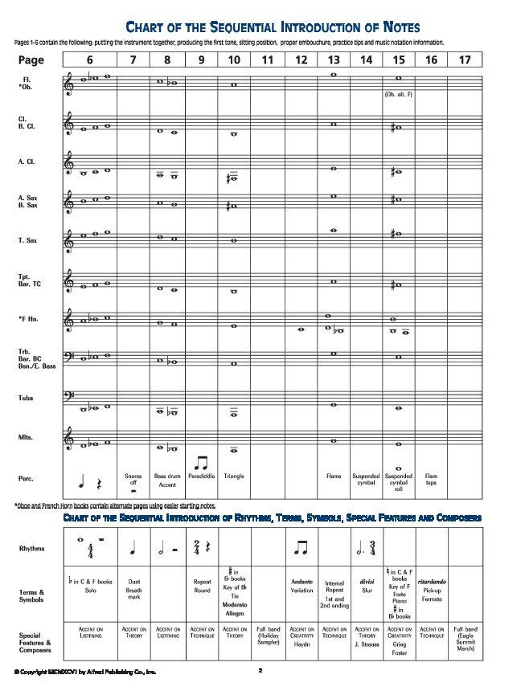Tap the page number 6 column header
click(x=89, y=59)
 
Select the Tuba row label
click(x=25, y=399)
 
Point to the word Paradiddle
click(x=201, y=476)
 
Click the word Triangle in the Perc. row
click(x=234, y=476)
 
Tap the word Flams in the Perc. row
click(x=333, y=476)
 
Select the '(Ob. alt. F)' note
click(x=397, y=94)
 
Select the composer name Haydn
click(x=302, y=644)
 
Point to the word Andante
click(x=302, y=580)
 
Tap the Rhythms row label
click(x=33, y=548)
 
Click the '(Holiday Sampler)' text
click(x=268, y=640)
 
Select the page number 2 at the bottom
click(x=260, y=669)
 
